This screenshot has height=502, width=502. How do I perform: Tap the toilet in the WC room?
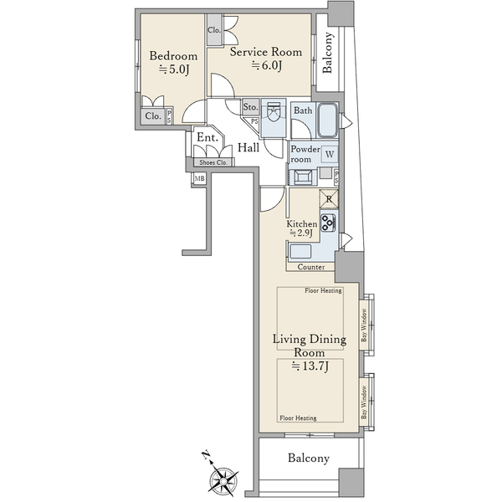273,112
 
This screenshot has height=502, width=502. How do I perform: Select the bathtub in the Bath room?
327,120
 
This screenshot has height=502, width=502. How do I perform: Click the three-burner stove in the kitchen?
329,223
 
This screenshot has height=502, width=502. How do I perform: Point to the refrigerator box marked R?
329,199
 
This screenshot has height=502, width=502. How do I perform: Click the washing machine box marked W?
330,154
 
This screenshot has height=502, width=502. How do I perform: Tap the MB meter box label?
199,179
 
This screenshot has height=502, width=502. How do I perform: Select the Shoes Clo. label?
213,162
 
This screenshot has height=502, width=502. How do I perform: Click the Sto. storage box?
250,107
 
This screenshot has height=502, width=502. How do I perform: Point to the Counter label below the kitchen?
311,267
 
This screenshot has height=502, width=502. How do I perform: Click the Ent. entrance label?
207,137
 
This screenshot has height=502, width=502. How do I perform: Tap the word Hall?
248,147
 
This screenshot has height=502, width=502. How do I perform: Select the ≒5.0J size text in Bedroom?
175,69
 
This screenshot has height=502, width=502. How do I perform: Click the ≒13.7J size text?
310,366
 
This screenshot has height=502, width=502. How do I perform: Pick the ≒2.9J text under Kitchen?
301,233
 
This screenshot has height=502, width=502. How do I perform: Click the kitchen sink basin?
300,251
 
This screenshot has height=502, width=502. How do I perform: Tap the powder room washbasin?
303,177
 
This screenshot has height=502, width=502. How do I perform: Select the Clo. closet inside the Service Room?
214,30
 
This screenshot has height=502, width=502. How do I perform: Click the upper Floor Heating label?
323,290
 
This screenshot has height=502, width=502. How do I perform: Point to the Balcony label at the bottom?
309,458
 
